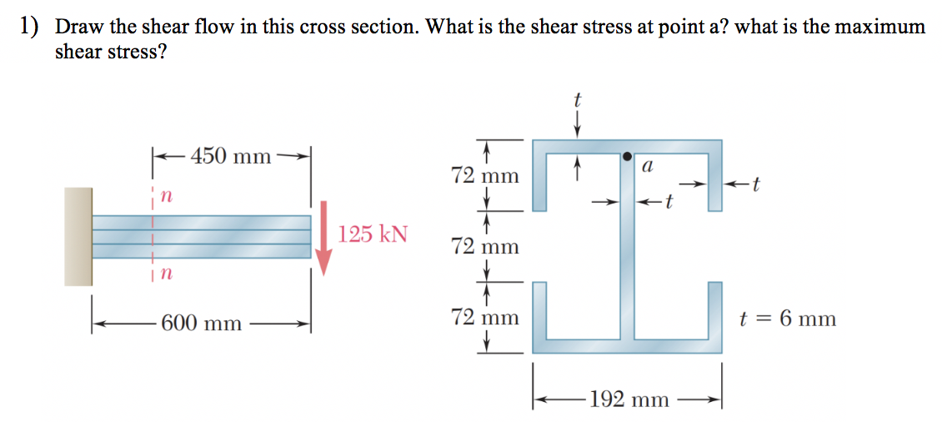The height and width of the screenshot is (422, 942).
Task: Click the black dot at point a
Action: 627,155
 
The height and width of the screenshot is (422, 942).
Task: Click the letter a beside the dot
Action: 647,167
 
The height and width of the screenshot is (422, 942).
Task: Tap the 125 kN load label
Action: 373,234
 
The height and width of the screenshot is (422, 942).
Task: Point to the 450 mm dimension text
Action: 231,156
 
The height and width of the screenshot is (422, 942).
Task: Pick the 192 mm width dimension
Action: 629,399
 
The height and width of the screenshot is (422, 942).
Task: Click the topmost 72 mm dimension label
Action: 484,176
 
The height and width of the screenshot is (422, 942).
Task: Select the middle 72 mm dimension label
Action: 484,246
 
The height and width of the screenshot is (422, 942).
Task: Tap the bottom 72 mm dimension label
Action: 484,317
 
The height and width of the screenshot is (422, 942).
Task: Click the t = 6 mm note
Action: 787,319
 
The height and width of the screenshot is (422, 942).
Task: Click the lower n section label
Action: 165,274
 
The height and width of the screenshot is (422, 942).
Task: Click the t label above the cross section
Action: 577,99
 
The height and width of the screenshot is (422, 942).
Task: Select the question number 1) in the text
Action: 30,27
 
